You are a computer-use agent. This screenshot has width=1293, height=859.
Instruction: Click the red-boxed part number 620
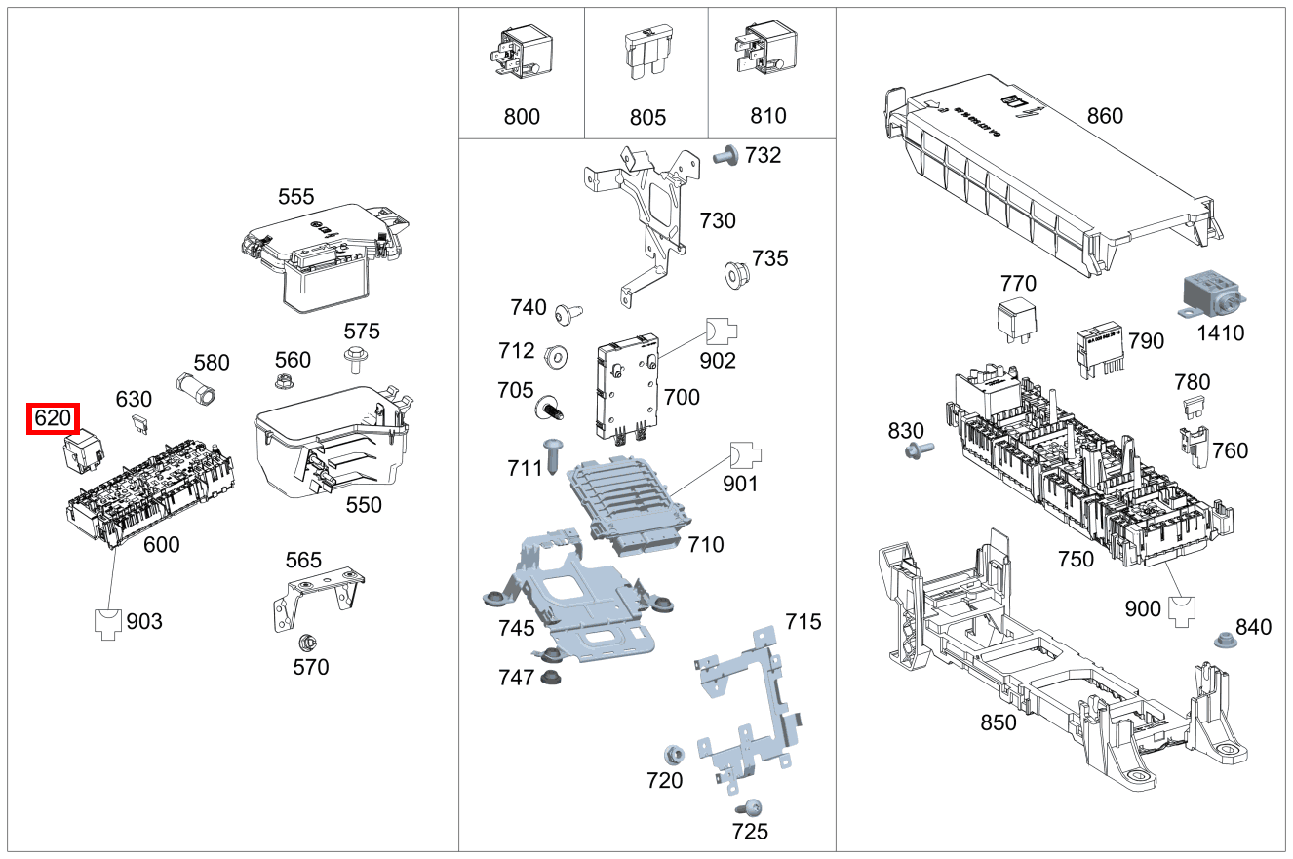click(x=53, y=419)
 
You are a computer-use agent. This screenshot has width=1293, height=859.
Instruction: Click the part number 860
click(x=1105, y=116)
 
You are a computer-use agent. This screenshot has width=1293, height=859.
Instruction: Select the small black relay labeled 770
click(x=1016, y=323)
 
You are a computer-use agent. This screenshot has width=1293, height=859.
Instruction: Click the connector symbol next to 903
click(x=109, y=622)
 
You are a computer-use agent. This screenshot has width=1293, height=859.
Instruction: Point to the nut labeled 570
click(x=305, y=644)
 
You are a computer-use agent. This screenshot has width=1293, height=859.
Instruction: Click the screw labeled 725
click(x=750, y=807)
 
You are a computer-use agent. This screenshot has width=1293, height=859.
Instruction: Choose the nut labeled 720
click(x=672, y=756)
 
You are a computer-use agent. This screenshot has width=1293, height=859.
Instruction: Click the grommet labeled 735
click(x=738, y=274)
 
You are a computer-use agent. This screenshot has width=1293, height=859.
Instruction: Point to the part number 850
click(x=998, y=722)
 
